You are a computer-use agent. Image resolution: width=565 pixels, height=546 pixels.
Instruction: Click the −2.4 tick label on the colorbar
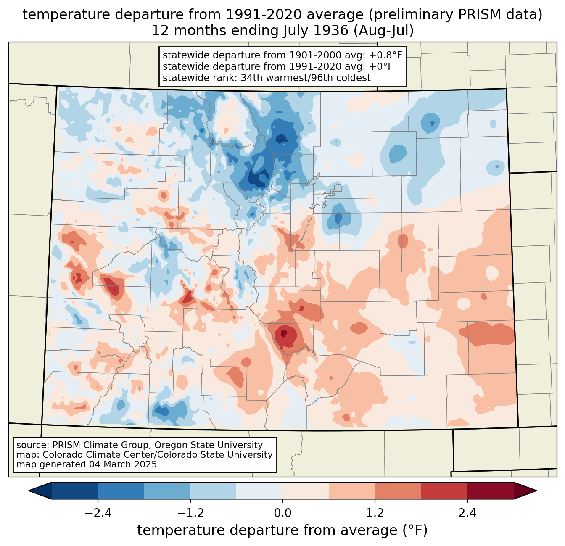pyautogui.click(x=98, y=513)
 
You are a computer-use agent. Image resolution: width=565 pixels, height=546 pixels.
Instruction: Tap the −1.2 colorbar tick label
pyautogui.click(x=190, y=513)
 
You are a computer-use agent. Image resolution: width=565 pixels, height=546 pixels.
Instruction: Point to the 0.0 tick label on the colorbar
pyautogui.click(x=282, y=513)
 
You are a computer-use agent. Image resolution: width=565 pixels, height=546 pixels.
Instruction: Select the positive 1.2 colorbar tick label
pyautogui.click(x=375, y=513)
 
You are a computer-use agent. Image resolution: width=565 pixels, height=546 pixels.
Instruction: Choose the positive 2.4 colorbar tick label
pyautogui.click(x=467, y=513)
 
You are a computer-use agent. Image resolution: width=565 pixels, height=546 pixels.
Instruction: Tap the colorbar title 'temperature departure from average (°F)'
pyautogui.click(x=282, y=530)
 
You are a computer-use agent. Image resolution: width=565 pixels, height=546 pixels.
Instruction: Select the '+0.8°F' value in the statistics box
pyautogui.click(x=385, y=55)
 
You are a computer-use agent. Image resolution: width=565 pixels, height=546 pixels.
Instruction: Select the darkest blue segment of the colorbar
pyautogui.click(x=75, y=491)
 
